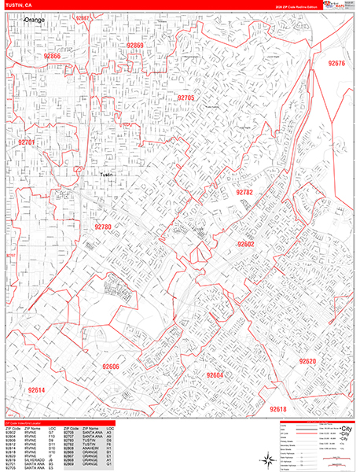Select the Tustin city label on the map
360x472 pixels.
108,175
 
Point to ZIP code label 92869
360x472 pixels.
135,46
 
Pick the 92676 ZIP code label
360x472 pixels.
336,63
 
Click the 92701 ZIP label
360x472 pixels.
26,142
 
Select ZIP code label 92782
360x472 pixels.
244,192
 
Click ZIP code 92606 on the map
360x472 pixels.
110,367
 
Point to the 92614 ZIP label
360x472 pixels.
36,390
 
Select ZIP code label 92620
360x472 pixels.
307,361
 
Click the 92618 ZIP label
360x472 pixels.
278,409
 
